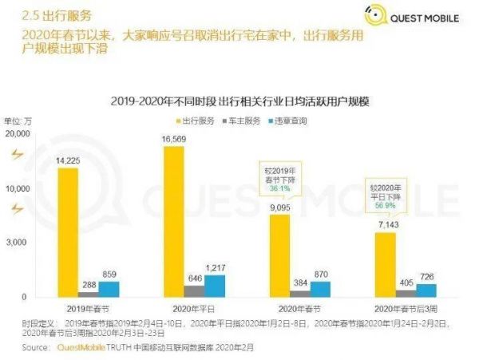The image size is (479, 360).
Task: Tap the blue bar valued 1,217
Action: tap(215, 286)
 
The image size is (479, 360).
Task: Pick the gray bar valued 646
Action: tap(194, 291)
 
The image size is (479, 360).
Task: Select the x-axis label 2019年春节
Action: tap(89, 308)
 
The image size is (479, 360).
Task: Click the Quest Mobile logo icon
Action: tap(374, 14)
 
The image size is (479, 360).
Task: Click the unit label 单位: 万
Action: tap(19, 121)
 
